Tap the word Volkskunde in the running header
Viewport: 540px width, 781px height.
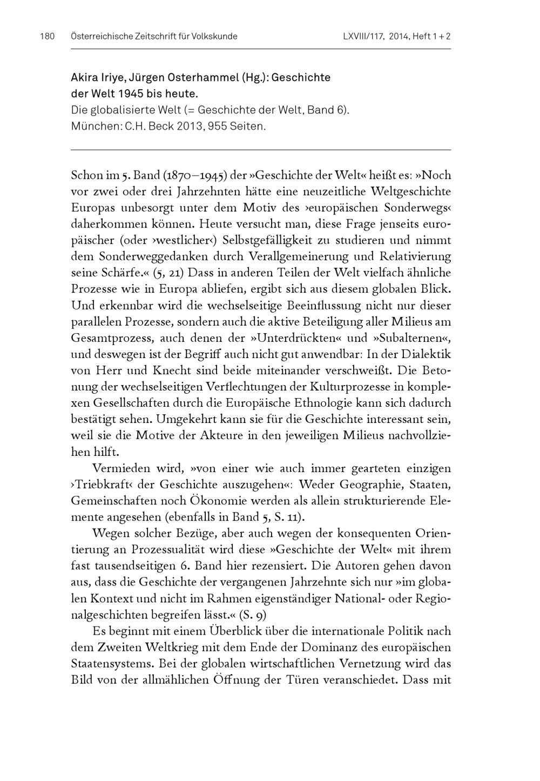point(215,37)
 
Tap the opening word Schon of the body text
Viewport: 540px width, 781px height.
point(87,175)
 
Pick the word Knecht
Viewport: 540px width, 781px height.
point(198,371)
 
